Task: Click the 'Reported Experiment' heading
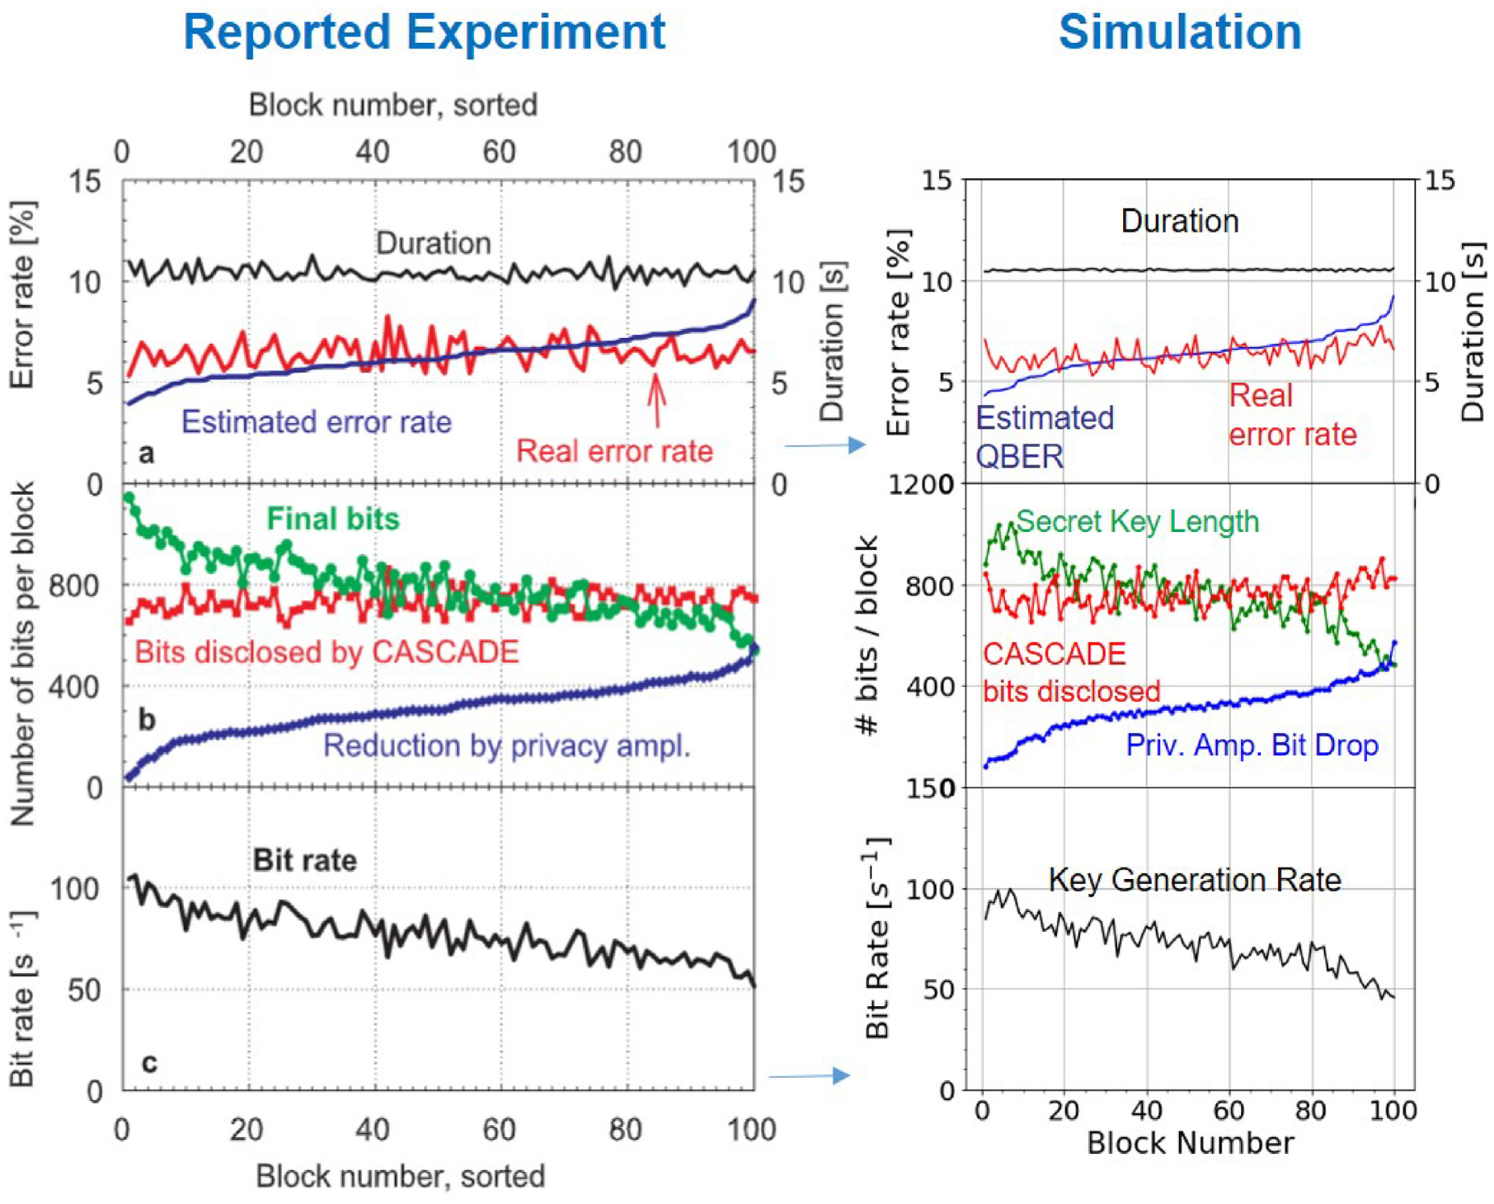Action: pos(424,33)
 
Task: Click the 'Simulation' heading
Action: pos(1179,33)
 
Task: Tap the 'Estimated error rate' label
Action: pos(317,422)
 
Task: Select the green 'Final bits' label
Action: pos(332,519)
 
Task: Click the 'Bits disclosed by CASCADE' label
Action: pos(327,652)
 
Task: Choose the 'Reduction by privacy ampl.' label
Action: pos(506,745)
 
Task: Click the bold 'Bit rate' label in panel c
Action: pos(304,860)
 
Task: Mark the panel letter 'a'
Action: pos(146,453)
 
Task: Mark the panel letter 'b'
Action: pos(147,720)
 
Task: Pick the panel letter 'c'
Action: pos(148,1062)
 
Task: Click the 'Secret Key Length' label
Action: pos(1137,521)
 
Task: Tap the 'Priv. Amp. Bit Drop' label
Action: pos(1252,745)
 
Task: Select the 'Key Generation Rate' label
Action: pos(1194,880)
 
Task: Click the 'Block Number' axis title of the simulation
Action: pos(1190,1143)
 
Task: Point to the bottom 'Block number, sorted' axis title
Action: pos(400,1176)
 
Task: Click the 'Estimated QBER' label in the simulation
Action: pos(1044,437)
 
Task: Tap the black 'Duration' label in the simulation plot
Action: pos(1179,221)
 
